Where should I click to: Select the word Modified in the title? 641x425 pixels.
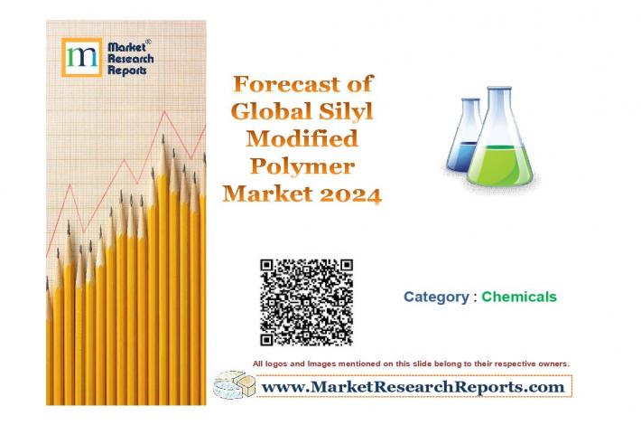click(302, 138)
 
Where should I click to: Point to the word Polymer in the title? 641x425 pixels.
click(302, 166)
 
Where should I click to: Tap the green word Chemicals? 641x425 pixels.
click(519, 297)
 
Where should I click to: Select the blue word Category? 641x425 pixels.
click(436, 297)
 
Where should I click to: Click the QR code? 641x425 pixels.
click(306, 302)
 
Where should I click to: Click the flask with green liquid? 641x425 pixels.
click(499, 139)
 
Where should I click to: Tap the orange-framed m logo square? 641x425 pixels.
click(82, 57)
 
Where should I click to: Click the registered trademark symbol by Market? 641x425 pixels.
click(148, 42)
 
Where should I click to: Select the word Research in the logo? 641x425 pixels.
click(130, 59)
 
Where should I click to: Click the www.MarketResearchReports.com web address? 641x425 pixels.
click(413, 386)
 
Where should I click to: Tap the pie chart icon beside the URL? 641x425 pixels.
click(234, 384)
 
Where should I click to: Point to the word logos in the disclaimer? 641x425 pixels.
click(273, 364)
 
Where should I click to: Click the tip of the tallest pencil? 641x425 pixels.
click(163, 135)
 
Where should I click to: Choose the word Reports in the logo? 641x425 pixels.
click(126, 71)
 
